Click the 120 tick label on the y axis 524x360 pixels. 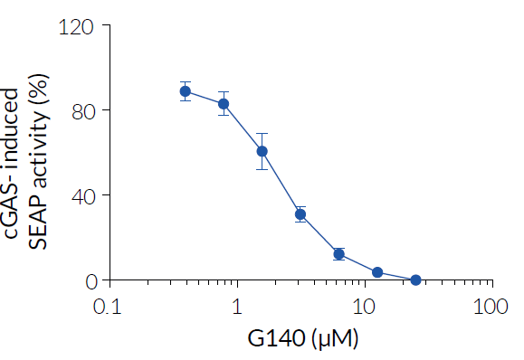77,26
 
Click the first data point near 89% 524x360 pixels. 186,91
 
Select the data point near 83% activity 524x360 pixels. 224,103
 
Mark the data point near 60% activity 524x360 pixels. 262,151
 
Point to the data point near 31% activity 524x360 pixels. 300,214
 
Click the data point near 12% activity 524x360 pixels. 338,254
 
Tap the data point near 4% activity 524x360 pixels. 377,272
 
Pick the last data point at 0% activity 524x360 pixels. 415,279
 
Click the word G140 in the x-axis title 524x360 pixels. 275,340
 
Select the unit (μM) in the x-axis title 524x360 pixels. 335,340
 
